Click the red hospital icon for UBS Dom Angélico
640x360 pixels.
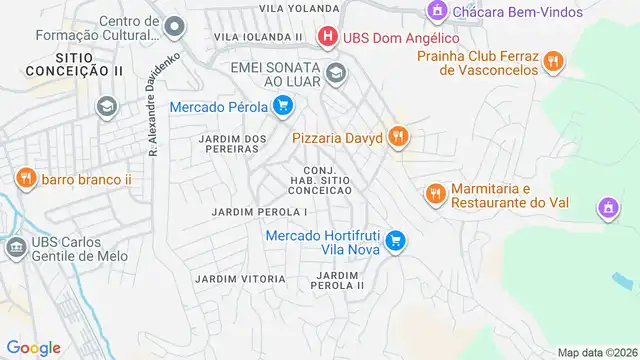tap(326, 38)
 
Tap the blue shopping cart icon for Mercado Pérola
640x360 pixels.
tap(283, 104)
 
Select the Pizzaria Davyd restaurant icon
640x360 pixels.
tap(398, 136)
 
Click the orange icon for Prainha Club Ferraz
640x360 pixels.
tap(552, 63)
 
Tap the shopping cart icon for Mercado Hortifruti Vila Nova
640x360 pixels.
tap(396, 239)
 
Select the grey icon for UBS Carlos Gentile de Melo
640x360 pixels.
tap(16, 246)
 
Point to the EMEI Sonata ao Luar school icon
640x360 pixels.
tap(337, 72)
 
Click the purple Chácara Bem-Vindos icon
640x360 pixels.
tap(436, 12)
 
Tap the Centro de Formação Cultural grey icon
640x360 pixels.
tap(175, 26)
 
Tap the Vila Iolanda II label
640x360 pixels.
tap(258, 36)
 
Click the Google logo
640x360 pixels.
tap(33, 347)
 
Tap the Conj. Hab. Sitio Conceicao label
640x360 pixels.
tap(321, 180)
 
